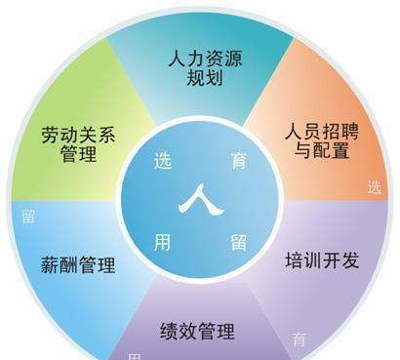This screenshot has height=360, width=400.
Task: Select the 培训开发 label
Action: click(322, 260)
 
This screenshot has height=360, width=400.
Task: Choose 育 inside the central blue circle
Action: click(237, 162)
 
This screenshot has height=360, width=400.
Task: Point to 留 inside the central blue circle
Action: click(237, 241)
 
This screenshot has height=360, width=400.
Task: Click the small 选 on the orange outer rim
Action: click(375, 187)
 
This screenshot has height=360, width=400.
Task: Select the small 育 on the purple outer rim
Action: click(300, 340)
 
